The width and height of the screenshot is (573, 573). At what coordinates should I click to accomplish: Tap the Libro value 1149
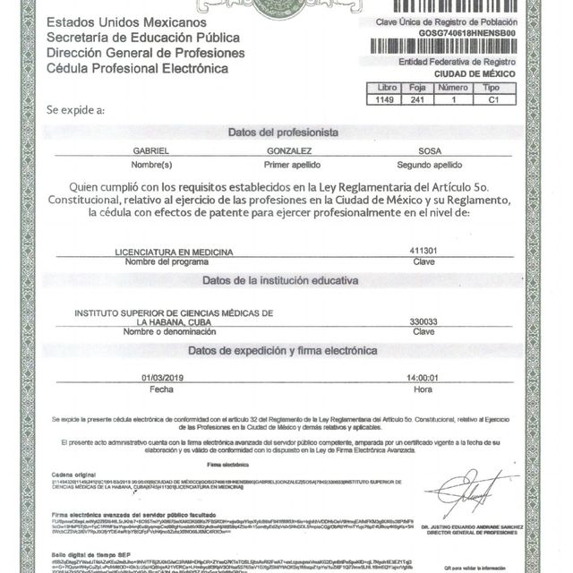pyautogui.click(x=386, y=101)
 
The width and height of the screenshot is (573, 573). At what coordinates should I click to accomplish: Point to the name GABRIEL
pyautogui.click(x=150, y=153)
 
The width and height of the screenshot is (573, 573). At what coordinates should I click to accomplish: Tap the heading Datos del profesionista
pyautogui.click(x=283, y=132)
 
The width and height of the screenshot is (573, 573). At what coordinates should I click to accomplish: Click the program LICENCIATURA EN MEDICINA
pyautogui.click(x=174, y=252)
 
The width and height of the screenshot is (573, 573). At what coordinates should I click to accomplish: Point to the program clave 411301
pyautogui.click(x=423, y=252)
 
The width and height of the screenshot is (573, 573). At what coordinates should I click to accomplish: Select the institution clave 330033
pyautogui.click(x=423, y=321)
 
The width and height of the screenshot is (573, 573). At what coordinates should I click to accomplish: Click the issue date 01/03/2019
pyautogui.click(x=161, y=378)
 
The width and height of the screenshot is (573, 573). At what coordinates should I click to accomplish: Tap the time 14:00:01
pyautogui.click(x=423, y=378)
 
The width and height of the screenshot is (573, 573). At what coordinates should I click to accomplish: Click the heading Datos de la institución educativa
pyautogui.click(x=280, y=280)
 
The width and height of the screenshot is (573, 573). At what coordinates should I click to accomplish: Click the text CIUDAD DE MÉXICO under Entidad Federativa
pyautogui.click(x=482, y=74)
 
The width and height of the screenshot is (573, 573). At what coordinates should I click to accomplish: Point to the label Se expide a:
pyautogui.click(x=75, y=109)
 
